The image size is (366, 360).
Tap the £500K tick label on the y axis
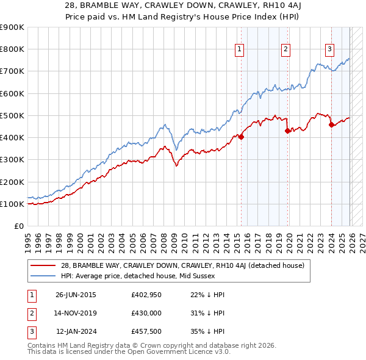tap(12, 115)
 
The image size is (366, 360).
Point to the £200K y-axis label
tap(12, 182)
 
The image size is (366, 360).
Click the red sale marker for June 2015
tap(241, 137)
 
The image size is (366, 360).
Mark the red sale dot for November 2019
tap(287, 131)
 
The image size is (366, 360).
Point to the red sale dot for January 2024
tap(331, 124)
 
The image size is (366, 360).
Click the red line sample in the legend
tap(43, 265)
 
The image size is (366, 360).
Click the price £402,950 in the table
tap(146, 295)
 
